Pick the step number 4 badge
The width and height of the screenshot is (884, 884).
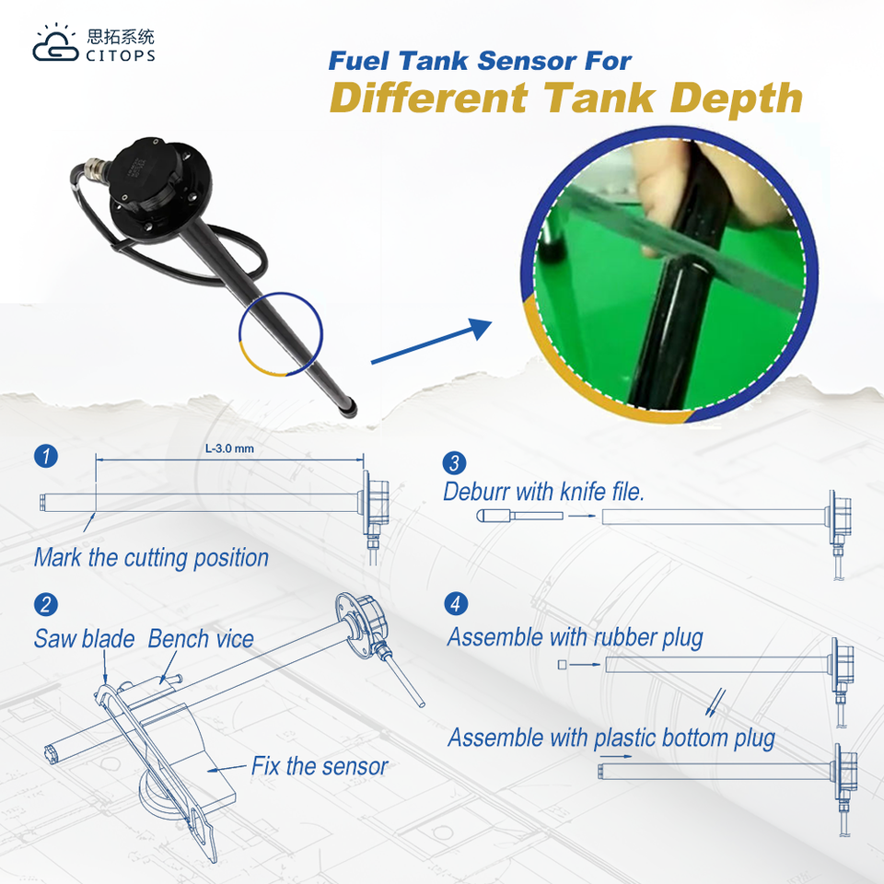[455, 604]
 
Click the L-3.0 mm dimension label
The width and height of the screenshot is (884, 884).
[229, 448]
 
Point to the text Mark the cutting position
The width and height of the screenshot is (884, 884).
[151, 558]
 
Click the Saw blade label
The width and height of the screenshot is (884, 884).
[84, 639]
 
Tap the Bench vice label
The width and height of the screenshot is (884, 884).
[201, 639]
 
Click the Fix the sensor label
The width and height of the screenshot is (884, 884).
[320, 766]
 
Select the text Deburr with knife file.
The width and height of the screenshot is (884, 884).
[543, 492]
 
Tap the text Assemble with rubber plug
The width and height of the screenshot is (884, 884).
[576, 637]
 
